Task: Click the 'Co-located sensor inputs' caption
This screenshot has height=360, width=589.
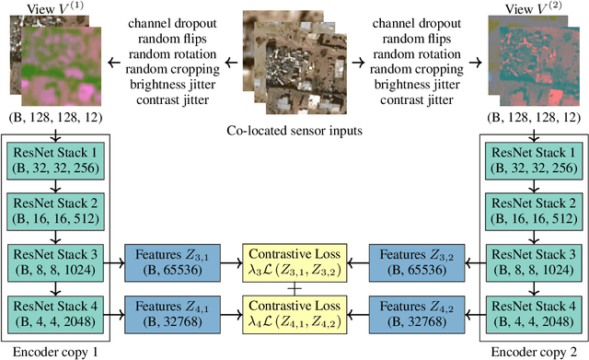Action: (294, 132)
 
